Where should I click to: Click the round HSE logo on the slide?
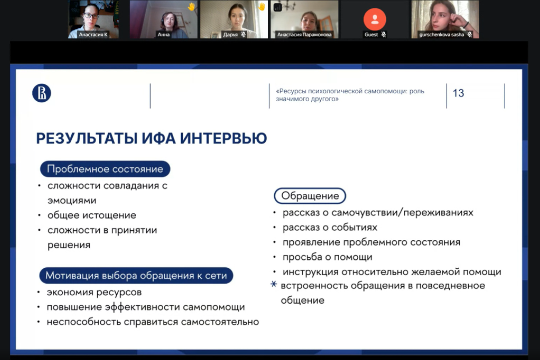click(41, 93)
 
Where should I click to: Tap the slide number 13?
click(458, 93)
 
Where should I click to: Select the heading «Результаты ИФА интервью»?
click(151, 138)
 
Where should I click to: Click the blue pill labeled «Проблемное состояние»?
click(105, 169)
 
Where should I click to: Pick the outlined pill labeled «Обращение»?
click(310, 196)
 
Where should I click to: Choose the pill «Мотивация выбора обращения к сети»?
click(136, 276)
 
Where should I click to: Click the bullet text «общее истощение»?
click(92, 215)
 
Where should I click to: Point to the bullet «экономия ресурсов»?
click(94, 292)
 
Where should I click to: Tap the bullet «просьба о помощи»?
click(327, 257)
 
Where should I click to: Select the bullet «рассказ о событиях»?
click(330, 227)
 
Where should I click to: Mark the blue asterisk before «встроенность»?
click(273, 285)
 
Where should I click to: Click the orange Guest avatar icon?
click(374, 19)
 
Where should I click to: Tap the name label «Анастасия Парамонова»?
click(304, 35)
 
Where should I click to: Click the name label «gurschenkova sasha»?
click(441, 35)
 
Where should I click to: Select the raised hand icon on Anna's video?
click(191, 6)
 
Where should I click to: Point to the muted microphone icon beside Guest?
click(384, 35)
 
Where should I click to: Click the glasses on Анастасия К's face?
click(90, 15)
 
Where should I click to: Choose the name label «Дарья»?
click(230, 35)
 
